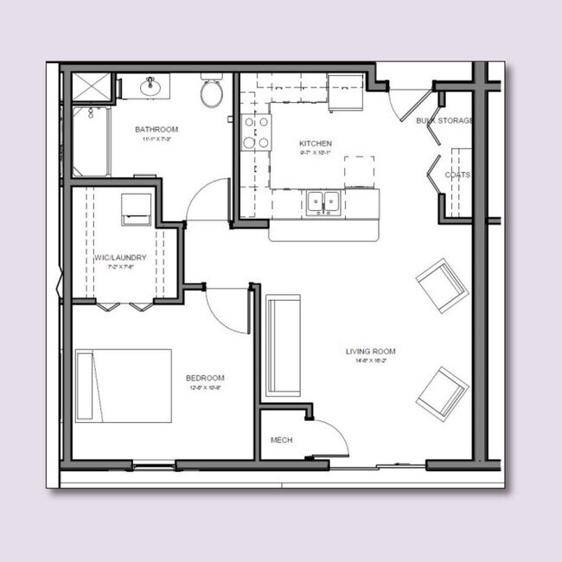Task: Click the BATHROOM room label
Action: [x=156, y=130]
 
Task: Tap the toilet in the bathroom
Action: [x=212, y=93]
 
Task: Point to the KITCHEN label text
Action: [x=315, y=144]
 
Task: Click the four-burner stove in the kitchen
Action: [x=256, y=132]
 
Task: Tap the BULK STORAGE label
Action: [x=444, y=120]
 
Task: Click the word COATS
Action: [x=457, y=175]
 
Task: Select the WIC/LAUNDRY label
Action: [x=120, y=258]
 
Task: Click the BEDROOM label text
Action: [x=205, y=378]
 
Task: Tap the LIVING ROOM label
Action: [x=370, y=351]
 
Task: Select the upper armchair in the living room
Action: [x=443, y=284]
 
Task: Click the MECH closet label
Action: [x=282, y=440]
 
